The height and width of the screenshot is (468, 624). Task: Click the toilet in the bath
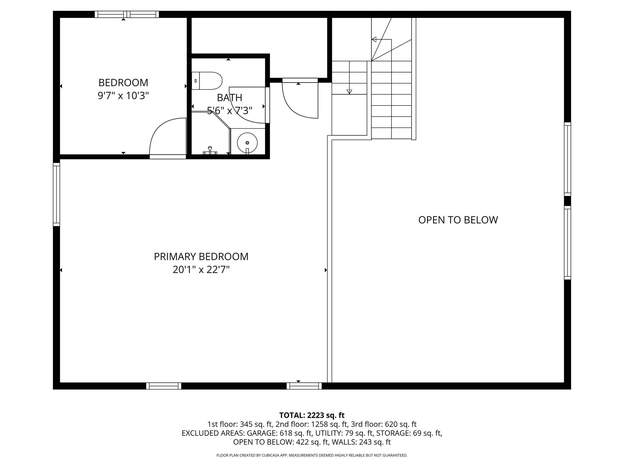[207, 81]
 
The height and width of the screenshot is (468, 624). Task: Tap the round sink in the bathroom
[247, 143]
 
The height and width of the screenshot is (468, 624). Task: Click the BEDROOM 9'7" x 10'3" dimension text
[123, 96]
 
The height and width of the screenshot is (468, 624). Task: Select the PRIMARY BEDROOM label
[201, 257]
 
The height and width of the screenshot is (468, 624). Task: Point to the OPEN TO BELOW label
[458, 220]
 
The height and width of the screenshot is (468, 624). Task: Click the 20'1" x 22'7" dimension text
[201, 270]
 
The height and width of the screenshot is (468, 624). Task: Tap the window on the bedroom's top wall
[127, 14]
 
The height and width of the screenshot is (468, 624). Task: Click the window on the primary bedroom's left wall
[56, 194]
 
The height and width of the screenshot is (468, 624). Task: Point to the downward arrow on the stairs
[349, 91]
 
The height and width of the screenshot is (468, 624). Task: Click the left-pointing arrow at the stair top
[374, 39]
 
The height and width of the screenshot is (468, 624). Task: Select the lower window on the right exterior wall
[567, 243]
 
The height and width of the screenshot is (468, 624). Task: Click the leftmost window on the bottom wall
[164, 386]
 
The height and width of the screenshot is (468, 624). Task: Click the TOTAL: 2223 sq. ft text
[312, 415]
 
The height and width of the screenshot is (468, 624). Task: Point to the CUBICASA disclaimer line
[312, 455]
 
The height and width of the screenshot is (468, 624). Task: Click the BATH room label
[229, 98]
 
